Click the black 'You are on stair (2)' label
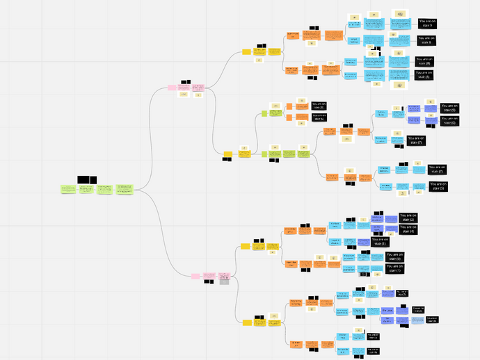point(408,218)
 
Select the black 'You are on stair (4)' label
point(408,229)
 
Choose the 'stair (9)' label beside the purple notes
point(449,108)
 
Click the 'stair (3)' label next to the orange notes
point(319,106)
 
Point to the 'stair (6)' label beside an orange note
point(319,117)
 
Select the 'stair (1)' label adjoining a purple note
point(380,241)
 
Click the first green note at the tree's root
point(68,189)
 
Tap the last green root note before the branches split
point(125,189)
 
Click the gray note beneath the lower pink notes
point(224,281)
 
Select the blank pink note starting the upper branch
point(172,88)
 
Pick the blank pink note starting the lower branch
point(196,276)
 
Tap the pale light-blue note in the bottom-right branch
point(416,320)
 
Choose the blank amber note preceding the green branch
point(227,154)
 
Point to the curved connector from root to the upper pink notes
point(150,139)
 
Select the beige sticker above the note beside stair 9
point(401,14)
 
